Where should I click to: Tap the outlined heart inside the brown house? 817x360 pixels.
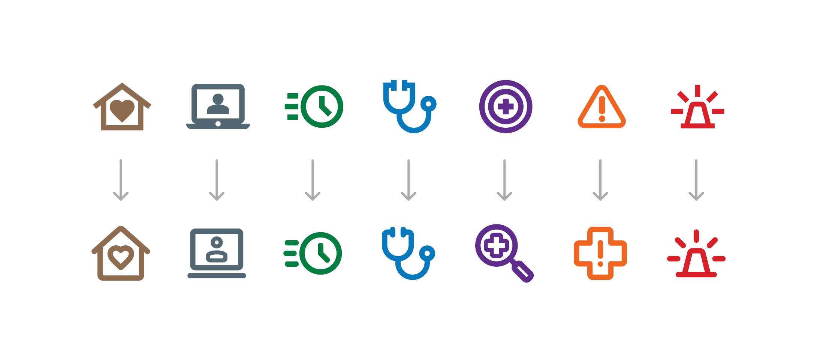[x=121, y=257]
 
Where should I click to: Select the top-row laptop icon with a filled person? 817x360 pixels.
[x=218, y=106]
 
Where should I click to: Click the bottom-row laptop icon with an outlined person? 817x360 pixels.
[x=217, y=253]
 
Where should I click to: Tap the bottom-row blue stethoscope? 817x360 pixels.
[x=408, y=253]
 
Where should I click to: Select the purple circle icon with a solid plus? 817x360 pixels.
[x=506, y=106]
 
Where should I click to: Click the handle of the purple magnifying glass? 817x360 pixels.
[x=523, y=272]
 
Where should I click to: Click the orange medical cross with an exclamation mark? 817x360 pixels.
[x=600, y=253]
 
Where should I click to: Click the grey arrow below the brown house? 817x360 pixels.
[x=121, y=180]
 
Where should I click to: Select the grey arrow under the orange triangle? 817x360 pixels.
[x=600, y=180]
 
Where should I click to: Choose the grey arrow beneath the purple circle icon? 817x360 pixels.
[x=504, y=180]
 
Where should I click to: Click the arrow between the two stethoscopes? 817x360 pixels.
[x=408, y=180]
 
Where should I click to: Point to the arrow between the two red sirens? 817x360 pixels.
[x=696, y=180]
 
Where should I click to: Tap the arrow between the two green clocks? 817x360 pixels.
[x=313, y=180]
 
